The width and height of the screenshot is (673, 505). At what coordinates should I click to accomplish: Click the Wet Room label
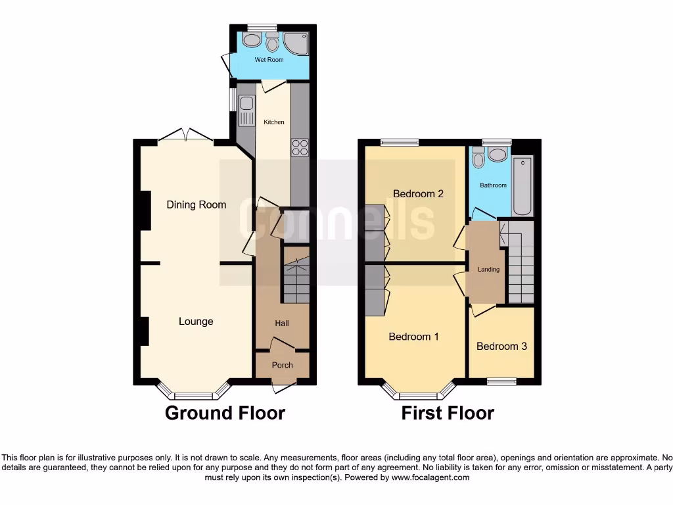(x=269, y=60)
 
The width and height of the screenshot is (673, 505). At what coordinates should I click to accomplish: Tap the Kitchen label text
(x=274, y=122)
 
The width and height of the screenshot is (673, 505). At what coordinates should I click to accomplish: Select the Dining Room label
(x=196, y=204)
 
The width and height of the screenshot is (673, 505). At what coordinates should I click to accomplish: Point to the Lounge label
(x=196, y=322)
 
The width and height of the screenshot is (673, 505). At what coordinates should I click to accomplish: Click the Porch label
(x=282, y=365)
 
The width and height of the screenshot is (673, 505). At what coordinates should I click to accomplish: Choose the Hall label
(x=282, y=324)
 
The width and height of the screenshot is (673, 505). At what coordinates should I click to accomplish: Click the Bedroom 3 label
(x=501, y=346)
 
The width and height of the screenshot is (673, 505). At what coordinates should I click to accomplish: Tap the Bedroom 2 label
(x=418, y=193)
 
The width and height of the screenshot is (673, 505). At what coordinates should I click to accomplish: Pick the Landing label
(x=488, y=270)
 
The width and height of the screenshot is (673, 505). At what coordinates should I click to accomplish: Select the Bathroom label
(x=493, y=185)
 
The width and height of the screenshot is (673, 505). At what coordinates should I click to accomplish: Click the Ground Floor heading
(x=225, y=413)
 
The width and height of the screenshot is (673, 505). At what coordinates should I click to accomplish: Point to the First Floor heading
(x=448, y=413)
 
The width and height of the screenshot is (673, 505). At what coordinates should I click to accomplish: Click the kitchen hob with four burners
(x=300, y=147)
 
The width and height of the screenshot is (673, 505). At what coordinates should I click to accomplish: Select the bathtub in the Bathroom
(x=522, y=185)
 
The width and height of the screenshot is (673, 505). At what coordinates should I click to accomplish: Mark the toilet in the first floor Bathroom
(x=478, y=158)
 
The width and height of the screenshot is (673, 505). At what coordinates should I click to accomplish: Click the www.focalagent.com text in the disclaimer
(x=430, y=477)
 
